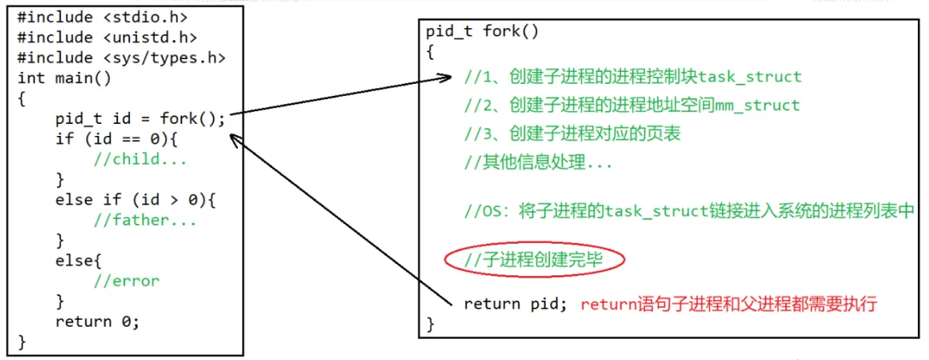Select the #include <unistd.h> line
(x=107, y=37)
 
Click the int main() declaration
(x=64, y=78)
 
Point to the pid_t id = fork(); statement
(x=140, y=119)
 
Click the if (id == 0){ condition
(x=116, y=139)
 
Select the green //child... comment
(x=139, y=159)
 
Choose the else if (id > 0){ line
(x=135, y=199)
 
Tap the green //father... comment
(x=145, y=220)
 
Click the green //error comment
(x=127, y=280)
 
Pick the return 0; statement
(x=97, y=322)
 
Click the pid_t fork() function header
(x=482, y=32)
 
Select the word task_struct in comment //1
(x=749, y=77)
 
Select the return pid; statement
(x=515, y=304)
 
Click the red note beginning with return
(x=729, y=304)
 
